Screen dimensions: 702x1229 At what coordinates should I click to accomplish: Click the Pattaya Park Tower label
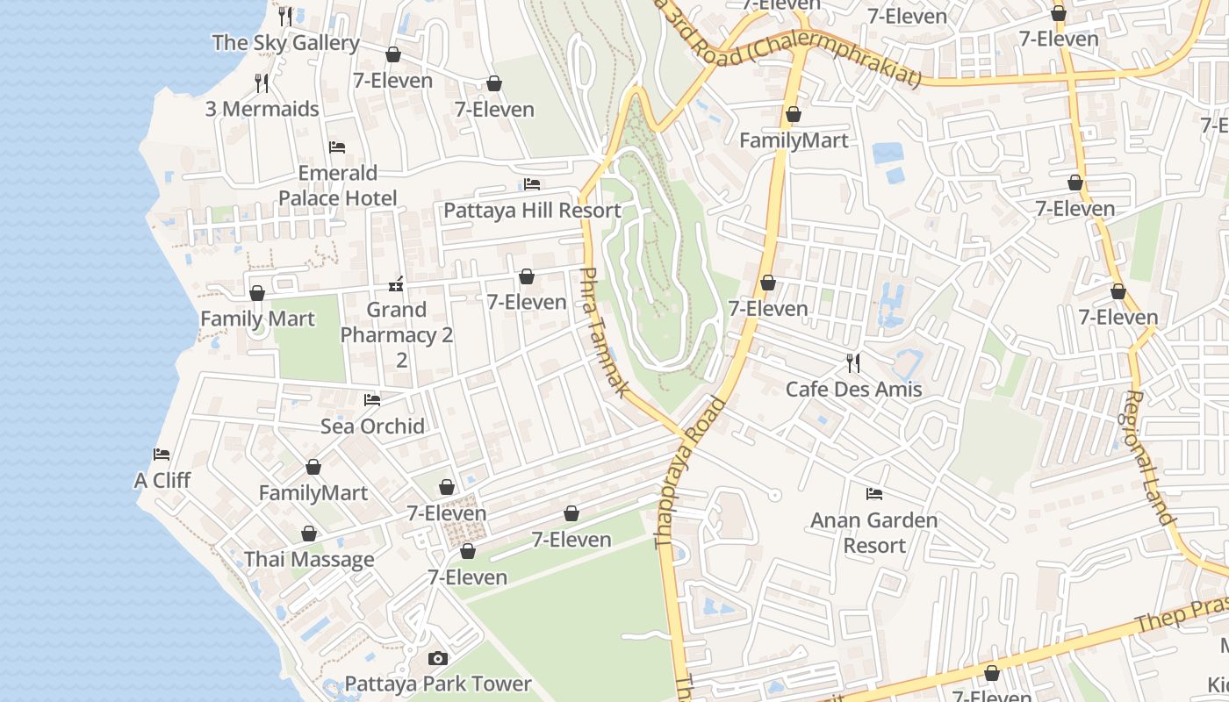tap(438, 684)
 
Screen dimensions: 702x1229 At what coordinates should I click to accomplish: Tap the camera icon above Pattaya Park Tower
tap(437, 658)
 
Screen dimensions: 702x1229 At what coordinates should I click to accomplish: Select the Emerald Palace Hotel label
tap(338, 185)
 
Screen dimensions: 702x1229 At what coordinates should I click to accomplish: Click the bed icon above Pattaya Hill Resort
tap(532, 184)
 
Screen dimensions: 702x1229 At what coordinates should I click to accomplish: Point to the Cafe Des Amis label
tap(853, 389)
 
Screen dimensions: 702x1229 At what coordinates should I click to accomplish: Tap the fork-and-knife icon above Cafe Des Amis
tap(853, 362)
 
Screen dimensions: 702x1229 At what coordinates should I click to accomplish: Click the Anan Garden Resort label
tap(873, 533)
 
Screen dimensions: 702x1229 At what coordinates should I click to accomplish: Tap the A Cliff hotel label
tap(162, 481)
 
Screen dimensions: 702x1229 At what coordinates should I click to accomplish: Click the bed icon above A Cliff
tap(162, 455)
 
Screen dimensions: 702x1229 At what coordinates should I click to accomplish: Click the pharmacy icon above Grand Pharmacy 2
tap(396, 284)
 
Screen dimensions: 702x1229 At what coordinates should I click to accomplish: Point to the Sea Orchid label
tap(372, 426)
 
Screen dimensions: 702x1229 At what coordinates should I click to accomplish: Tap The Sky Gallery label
tap(286, 42)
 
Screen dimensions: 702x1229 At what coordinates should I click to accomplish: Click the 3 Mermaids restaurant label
tap(262, 109)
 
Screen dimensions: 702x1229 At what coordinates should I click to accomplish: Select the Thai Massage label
tap(309, 559)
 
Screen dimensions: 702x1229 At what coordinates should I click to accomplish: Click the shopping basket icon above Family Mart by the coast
tap(257, 293)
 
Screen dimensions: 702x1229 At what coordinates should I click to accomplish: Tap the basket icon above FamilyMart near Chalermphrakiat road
tap(794, 115)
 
